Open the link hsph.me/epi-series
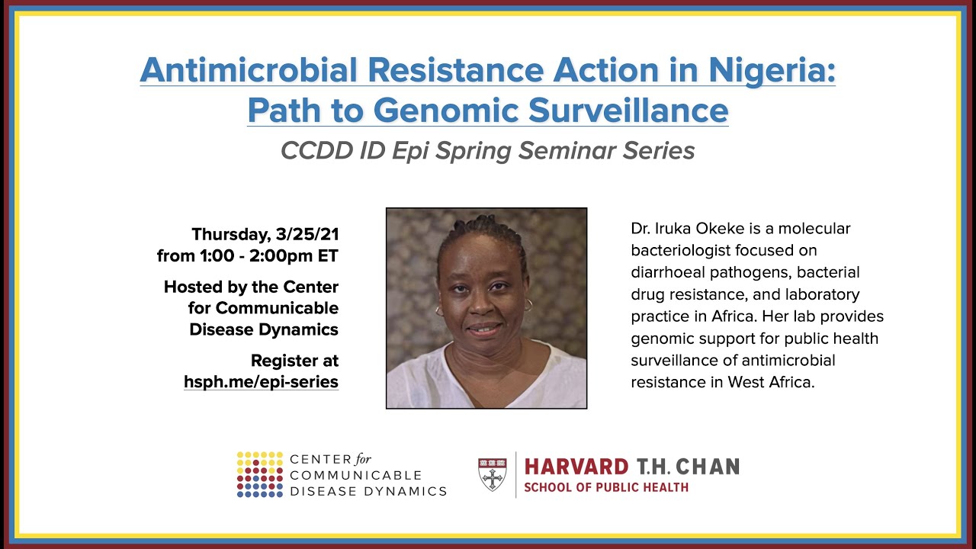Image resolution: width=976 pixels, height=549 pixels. coord(261,382)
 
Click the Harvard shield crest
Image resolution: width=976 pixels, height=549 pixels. coord(492,474)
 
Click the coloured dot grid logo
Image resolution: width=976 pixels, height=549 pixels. coord(259,474)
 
